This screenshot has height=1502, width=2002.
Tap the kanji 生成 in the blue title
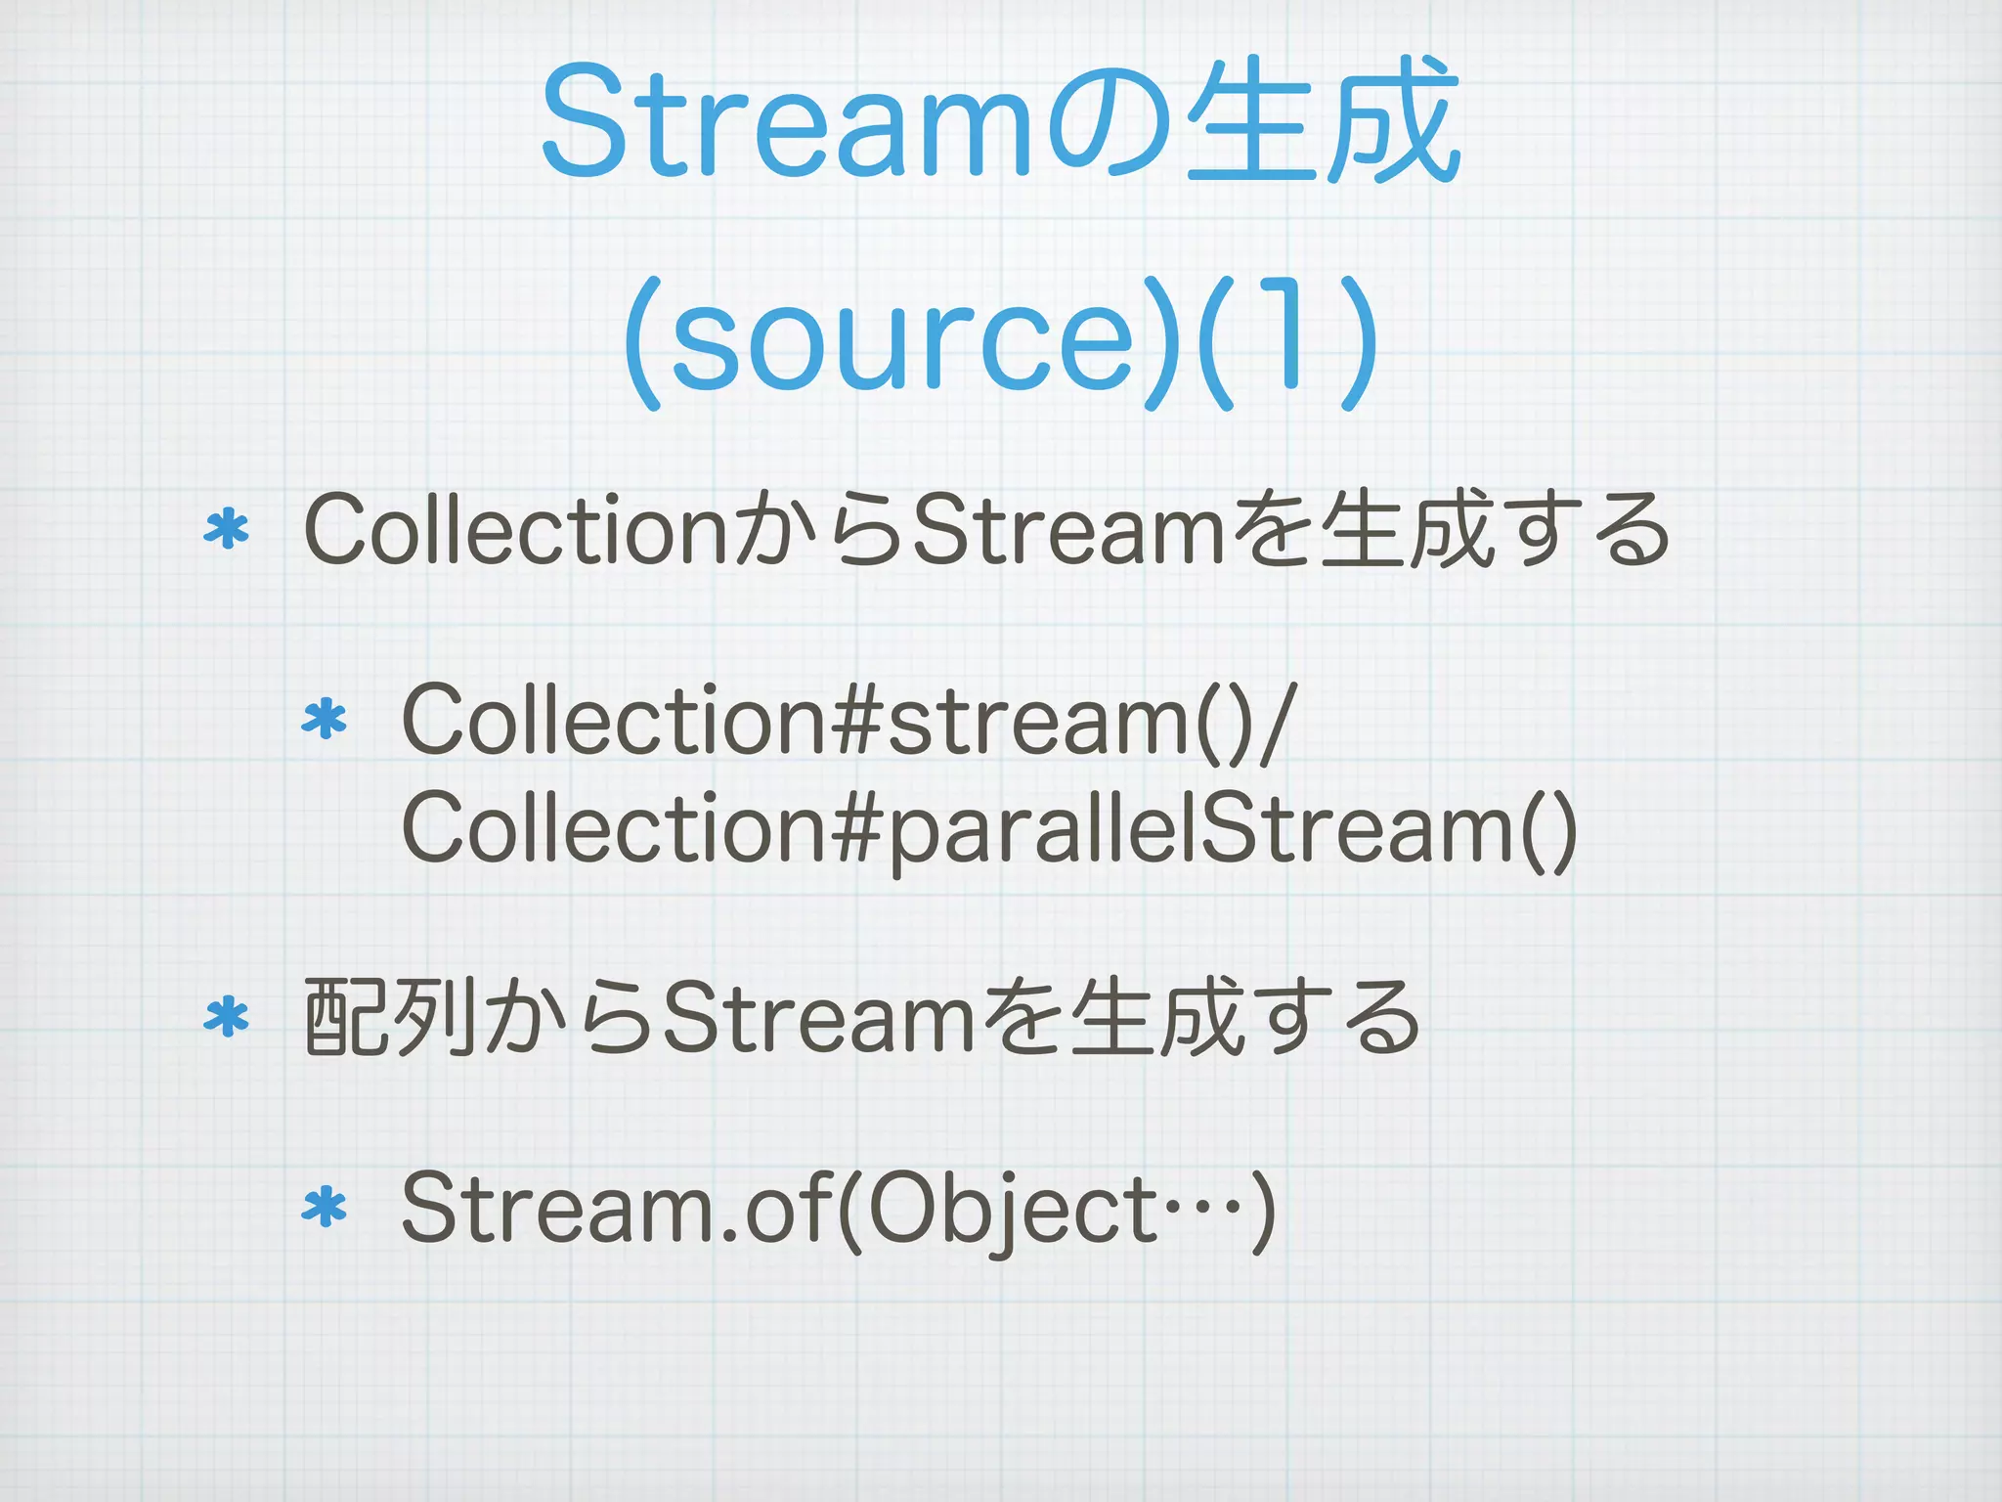[1325, 122]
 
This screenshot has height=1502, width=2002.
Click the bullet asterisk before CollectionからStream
[226, 530]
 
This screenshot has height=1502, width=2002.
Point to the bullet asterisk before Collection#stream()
[325, 721]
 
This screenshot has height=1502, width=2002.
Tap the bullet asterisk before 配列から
[226, 1019]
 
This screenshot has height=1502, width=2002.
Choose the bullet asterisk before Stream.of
[325, 1210]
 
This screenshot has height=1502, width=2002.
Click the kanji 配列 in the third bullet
[391, 1019]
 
